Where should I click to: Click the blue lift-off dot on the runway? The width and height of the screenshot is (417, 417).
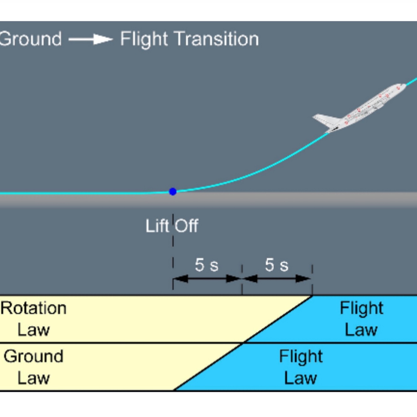click(x=173, y=192)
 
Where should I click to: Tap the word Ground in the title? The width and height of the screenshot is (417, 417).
click(x=31, y=39)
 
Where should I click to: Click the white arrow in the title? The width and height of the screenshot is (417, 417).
click(x=91, y=39)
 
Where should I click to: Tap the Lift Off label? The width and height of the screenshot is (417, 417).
click(x=172, y=226)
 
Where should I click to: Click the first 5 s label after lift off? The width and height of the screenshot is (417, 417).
click(x=206, y=265)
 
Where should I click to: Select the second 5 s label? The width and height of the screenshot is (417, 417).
click(x=276, y=265)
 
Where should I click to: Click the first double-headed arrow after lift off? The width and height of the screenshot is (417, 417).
click(x=207, y=279)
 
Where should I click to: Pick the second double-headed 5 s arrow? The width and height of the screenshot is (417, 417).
click(x=277, y=279)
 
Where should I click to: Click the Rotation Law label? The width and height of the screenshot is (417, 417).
click(x=33, y=319)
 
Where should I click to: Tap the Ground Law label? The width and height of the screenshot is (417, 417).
click(x=33, y=367)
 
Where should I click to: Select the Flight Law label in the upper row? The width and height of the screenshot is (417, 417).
click(x=361, y=319)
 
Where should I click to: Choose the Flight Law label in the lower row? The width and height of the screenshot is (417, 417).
click(x=301, y=367)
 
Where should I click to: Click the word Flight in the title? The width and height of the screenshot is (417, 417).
click(x=144, y=39)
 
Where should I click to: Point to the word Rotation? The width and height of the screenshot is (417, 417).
click(x=33, y=308)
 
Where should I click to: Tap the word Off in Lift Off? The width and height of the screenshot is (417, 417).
click(x=186, y=226)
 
